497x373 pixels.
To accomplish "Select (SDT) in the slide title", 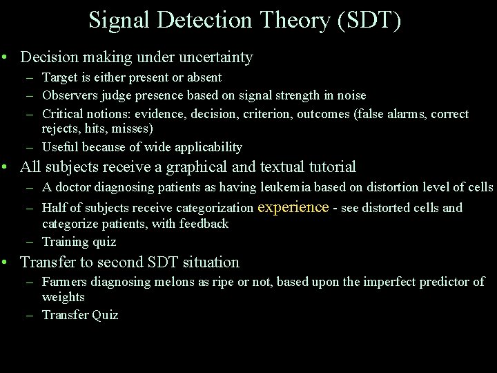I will (369, 20).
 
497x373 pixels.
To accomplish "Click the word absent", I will (204, 77).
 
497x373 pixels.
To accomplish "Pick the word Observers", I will (66, 95).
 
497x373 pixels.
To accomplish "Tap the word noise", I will (349, 95).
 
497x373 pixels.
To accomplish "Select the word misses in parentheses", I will (135, 128).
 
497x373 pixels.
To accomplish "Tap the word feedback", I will (204, 223).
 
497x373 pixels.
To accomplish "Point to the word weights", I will (63, 297).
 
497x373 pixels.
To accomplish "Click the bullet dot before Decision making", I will (6, 57).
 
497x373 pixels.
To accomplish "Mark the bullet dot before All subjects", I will (6, 167).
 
